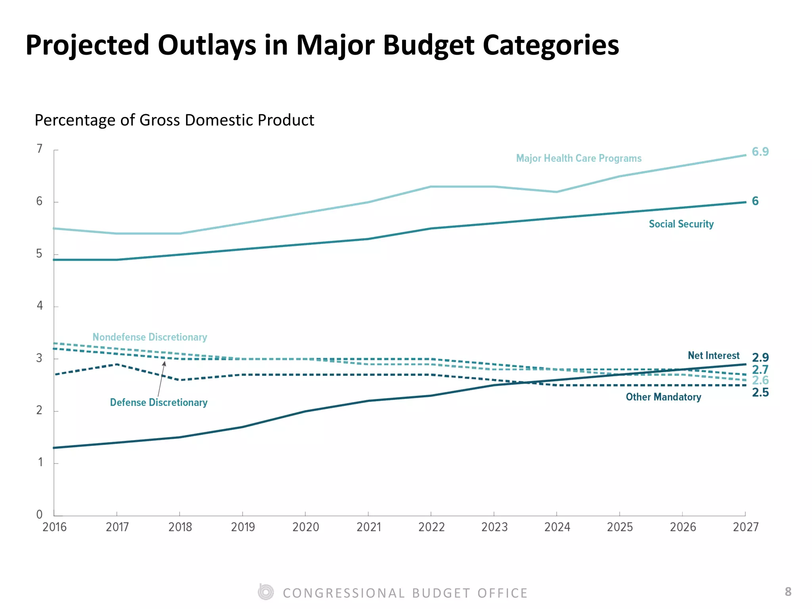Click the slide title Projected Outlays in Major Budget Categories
click(x=322, y=45)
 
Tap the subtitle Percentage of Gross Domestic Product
click(x=174, y=120)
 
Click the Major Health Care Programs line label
click(x=578, y=158)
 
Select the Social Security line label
click(x=681, y=224)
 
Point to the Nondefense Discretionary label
click(x=150, y=337)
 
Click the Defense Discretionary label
click(x=159, y=402)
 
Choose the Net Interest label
click(x=714, y=355)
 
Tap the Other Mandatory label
click(x=663, y=397)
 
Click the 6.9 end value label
click(x=760, y=151)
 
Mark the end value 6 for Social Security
click(x=755, y=201)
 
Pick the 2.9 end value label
click(x=760, y=357)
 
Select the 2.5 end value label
click(x=760, y=393)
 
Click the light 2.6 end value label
click(x=760, y=380)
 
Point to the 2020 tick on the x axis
click(x=306, y=527)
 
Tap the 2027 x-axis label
click(x=746, y=527)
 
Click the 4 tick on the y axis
click(x=40, y=306)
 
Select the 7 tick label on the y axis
click(x=40, y=149)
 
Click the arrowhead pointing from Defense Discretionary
click(x=164, y=364)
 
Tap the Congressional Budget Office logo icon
click(x=266, y=592)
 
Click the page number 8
click(x=788, y=592)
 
